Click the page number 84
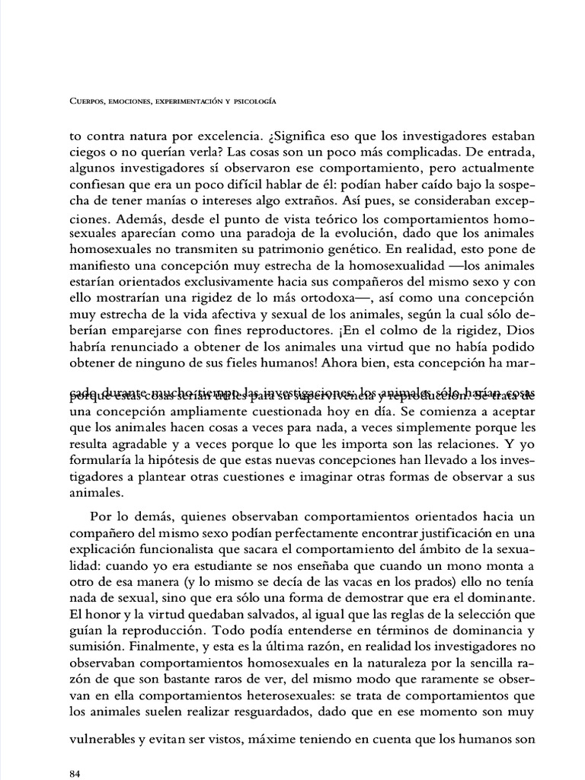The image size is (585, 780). pyautogui.click(x=75, y=774)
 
